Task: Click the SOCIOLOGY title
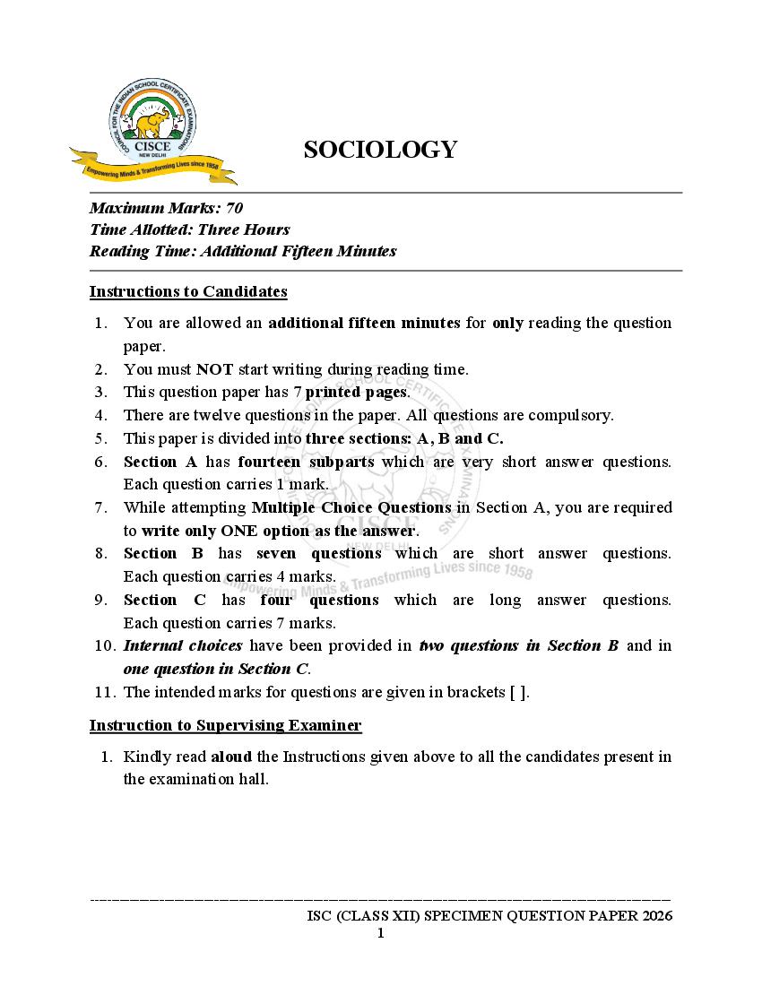pyautogui.click(x=380, y=150)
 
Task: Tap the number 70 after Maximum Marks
pyautogui.click(x=234, y=208)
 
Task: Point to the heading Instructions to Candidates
pyautogui.click(x=188, y=291)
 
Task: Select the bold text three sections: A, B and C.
pyautogui.click(x=404, y=438)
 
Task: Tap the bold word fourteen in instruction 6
pyautogui.click(x=269, y=462)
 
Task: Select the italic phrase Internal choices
pyautogui.click(x=183, y=645)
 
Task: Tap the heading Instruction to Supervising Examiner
pyautogui.click(x=225, y=725)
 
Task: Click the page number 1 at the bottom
pyautogui.click(x=380, y=934)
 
